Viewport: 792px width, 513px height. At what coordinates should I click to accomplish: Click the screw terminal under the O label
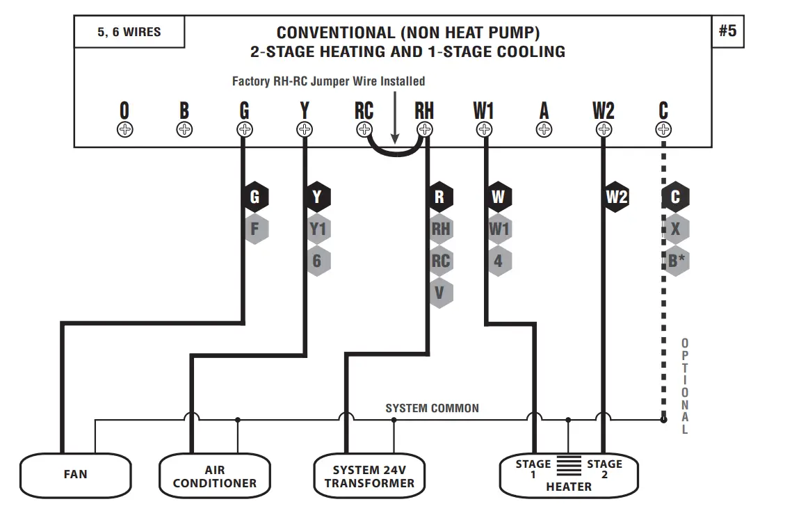[124, 129]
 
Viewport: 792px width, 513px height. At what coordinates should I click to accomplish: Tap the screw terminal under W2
[604, 129]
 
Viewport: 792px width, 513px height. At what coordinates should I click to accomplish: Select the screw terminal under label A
[544, 129]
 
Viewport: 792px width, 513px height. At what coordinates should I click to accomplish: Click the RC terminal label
[364, 111]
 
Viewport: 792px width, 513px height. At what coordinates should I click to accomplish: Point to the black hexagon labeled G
[255, 197]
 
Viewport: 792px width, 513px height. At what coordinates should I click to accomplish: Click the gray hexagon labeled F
[255, 229]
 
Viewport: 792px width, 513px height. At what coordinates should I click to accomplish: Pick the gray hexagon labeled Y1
[318, 229]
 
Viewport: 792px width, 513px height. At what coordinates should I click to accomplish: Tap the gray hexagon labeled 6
[318, 261]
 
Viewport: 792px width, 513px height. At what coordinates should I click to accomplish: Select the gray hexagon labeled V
[439, 293]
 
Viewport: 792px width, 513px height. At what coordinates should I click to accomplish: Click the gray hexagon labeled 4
[499, 261]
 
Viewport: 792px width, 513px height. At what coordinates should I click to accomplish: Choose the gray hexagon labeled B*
[675, 261]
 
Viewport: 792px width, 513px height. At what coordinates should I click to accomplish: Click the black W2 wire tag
[617, 197]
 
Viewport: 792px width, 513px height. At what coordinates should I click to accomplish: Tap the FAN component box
[75, 474]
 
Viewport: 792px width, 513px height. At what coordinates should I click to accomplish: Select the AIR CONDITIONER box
[214, 476]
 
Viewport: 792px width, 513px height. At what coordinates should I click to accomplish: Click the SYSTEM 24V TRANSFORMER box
[369, 476]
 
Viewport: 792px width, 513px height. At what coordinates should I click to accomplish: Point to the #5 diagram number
[727, 32]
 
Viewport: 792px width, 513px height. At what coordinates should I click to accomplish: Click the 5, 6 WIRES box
[129, 32]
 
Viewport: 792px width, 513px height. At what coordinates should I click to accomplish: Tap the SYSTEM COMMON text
[432, 408]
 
